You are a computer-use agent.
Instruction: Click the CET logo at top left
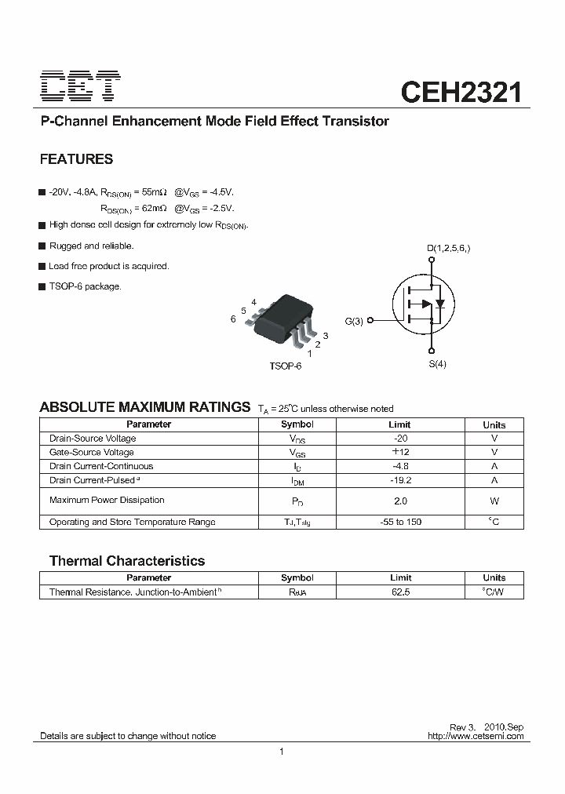coord(80,88)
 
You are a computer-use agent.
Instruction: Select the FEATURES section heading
coord(76,159)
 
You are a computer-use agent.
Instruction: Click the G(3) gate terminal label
coord(354,321)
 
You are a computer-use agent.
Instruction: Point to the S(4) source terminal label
coord(437,364)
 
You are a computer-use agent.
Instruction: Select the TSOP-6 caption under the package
coord(285,366)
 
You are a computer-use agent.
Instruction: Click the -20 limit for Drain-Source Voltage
coord(400,439)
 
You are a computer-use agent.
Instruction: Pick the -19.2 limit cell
coord(400,480)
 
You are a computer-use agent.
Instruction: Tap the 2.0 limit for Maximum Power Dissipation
coord(400,501)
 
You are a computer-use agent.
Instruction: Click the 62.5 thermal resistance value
coord(400,592)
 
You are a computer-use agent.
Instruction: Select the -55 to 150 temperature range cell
coord(400,523)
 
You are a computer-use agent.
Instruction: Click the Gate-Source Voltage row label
coord(92,453)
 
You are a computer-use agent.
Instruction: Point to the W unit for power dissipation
coord(494,501)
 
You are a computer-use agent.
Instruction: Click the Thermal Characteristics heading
coord(127,561)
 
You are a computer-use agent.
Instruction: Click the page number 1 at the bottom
coord(281,752)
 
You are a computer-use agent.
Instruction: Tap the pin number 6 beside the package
coord(233,319)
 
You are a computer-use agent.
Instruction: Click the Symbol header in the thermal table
coord(297,578)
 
